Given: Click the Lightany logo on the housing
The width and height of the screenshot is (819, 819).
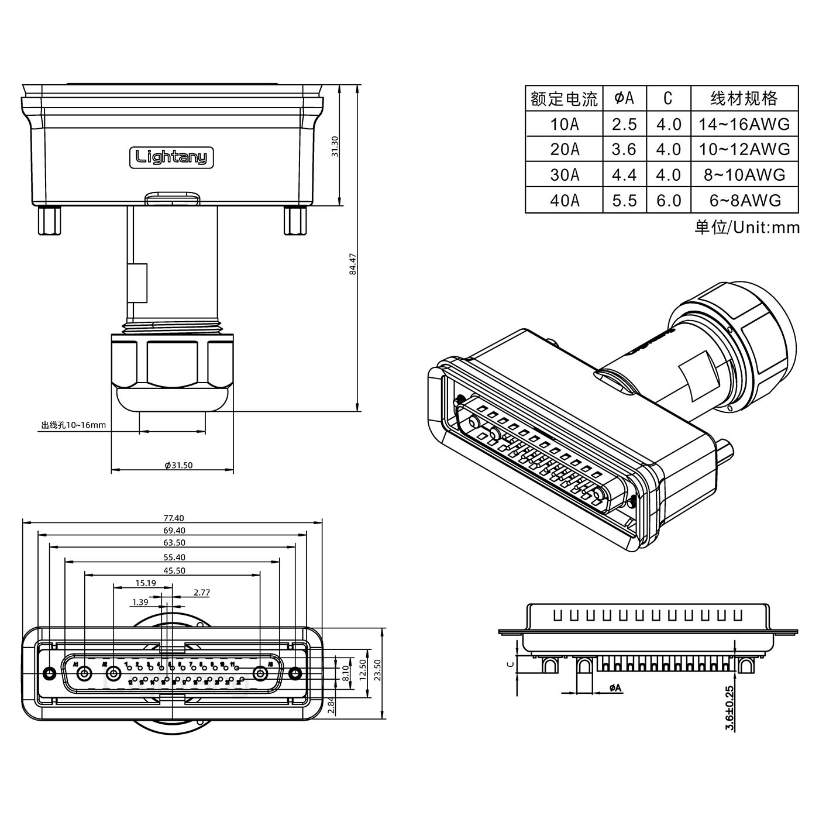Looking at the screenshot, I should pos(171,157).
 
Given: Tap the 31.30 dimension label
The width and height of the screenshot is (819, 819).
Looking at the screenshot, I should pos(335,146).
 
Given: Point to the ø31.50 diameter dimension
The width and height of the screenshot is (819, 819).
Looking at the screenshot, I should pos(179,465).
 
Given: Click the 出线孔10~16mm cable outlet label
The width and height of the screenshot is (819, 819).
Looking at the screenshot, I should pos(73,425).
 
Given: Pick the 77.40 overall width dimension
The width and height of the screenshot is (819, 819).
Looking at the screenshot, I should pos(174,518).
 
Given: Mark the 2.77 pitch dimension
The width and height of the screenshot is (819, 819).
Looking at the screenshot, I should pos(201,592).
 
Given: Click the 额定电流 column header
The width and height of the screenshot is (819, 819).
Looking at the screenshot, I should pos(564,99).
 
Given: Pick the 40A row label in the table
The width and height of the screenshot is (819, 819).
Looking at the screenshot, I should pos(564,201).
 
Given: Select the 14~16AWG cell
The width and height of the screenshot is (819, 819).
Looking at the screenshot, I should pos(744,124).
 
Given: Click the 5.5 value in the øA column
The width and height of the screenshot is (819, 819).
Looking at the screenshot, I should pos(624,201).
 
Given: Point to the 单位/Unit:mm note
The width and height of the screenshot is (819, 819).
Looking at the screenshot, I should pos(746,227).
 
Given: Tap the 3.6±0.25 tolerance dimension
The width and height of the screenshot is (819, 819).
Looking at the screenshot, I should pos(729,708).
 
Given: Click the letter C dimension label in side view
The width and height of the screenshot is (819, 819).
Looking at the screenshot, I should pos(510,663).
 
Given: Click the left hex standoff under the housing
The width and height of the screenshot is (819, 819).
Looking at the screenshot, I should pos(50,221).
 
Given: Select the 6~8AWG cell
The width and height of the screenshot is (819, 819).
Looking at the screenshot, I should pos(744,201).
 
